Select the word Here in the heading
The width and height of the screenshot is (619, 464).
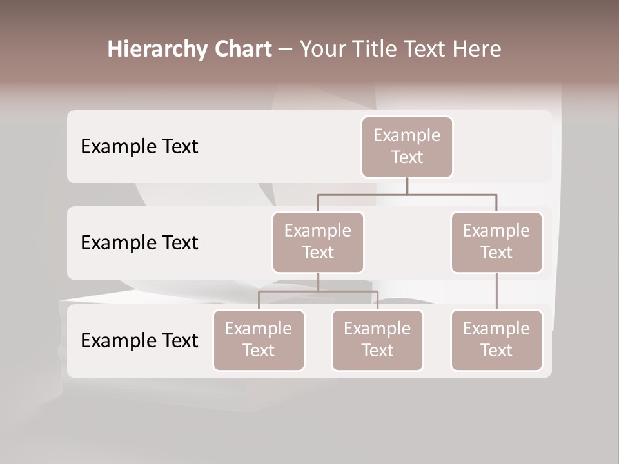click(x=474, y=49)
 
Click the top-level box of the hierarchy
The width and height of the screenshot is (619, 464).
click(x=407, y=147)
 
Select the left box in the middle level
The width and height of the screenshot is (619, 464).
click(x=318, y=242)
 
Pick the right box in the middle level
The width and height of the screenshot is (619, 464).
click(x=496, y=242)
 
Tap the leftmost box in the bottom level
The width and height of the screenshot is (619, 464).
click(x=259, y=340)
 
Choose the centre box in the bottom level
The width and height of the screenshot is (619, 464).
click(x=377, y=340)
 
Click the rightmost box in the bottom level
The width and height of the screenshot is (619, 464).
click(x=496, y=340)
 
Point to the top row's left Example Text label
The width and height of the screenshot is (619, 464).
click(x=139, y=147)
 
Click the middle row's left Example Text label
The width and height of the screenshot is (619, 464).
click(x=139, y=243)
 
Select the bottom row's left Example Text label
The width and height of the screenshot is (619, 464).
click(x=139, y=340)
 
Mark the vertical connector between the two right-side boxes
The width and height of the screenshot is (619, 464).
click(x=496, y=291)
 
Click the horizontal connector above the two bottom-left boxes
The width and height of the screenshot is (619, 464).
click(x=318, y=291)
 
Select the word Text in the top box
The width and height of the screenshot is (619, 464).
click(x=407, y=157)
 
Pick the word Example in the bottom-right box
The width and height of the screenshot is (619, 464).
click(x=496, y=329)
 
